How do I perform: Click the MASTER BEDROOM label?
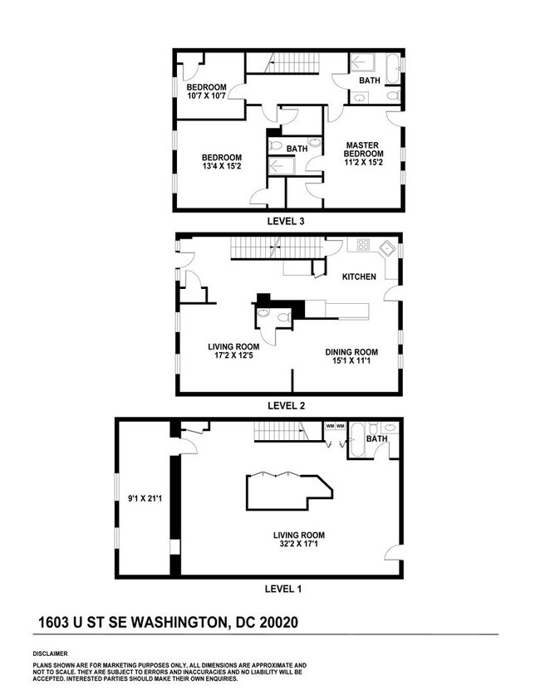(364, 149)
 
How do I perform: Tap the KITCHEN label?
(360, 277)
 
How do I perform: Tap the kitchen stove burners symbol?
(364, 245)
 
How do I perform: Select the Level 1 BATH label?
(376, 438)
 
